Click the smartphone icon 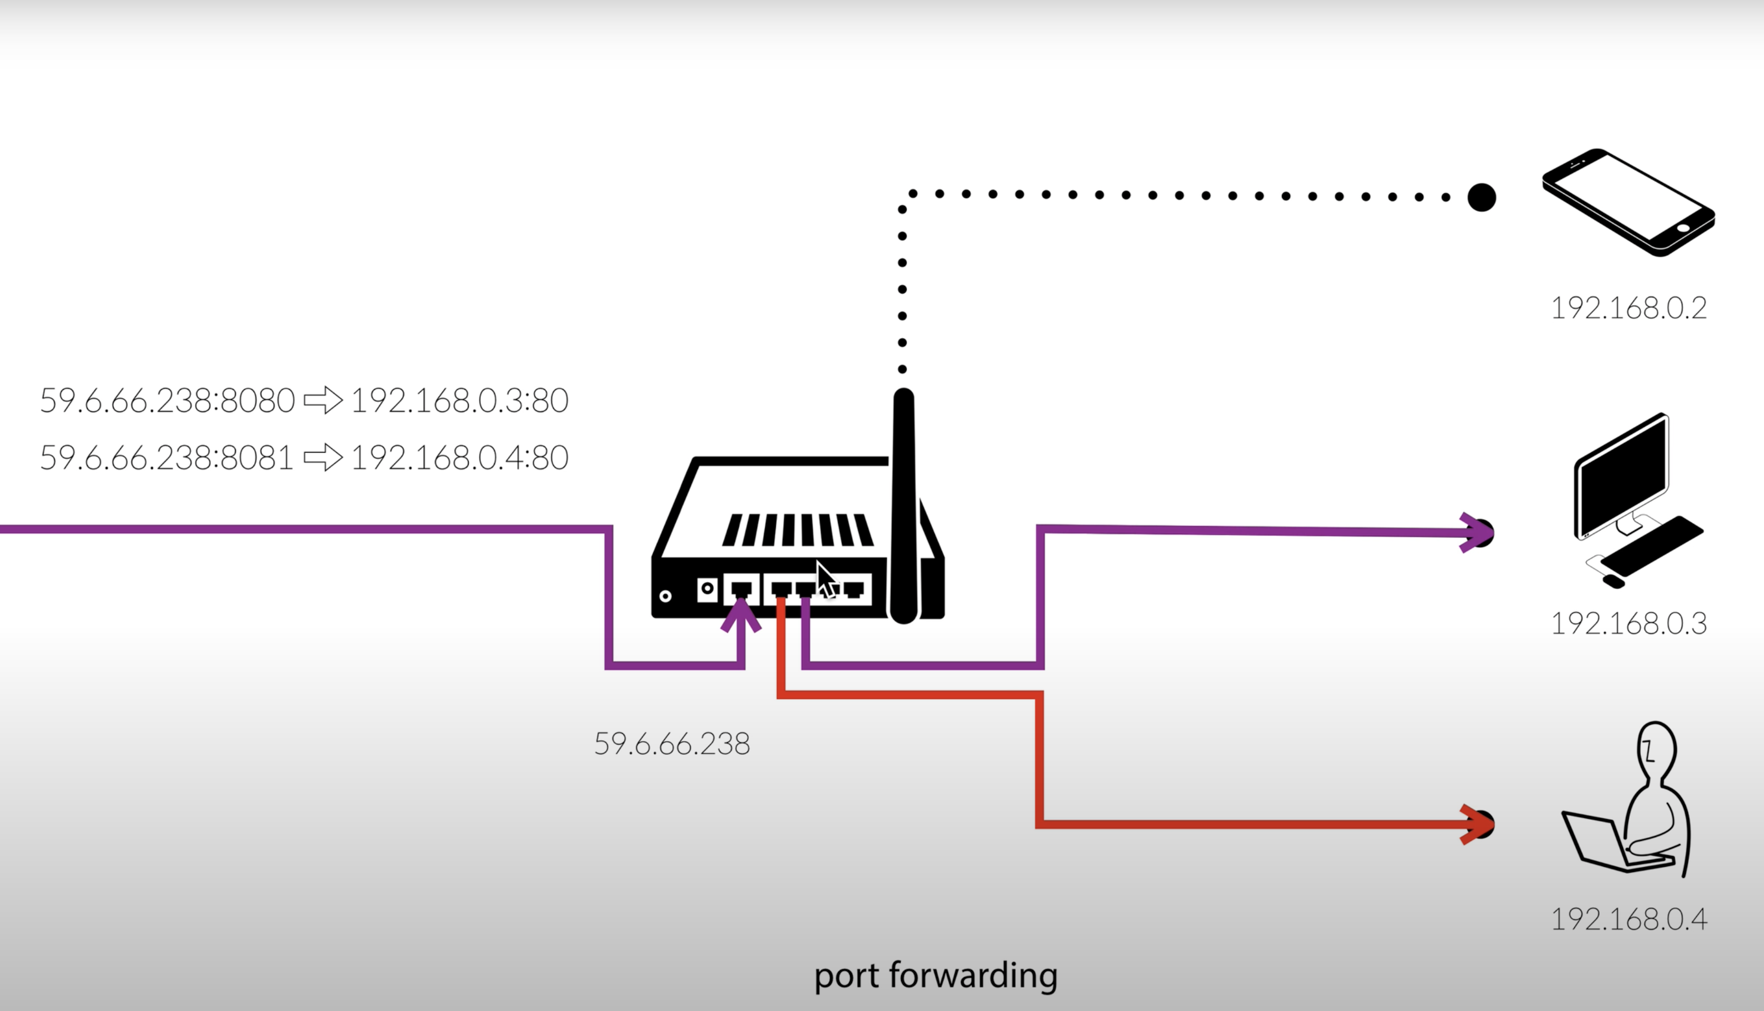(1629, 202)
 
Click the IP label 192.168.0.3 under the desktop (1629, 623)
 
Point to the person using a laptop (1632, 806)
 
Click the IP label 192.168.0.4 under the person (1629, 919)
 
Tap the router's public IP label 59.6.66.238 (672, 744)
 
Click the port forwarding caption (935, 975)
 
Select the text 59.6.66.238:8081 (166, 457)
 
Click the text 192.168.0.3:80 (460, 401)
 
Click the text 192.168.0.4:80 (460, 457)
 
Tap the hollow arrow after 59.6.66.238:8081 (323, 457)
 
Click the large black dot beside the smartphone (1481, 197)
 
